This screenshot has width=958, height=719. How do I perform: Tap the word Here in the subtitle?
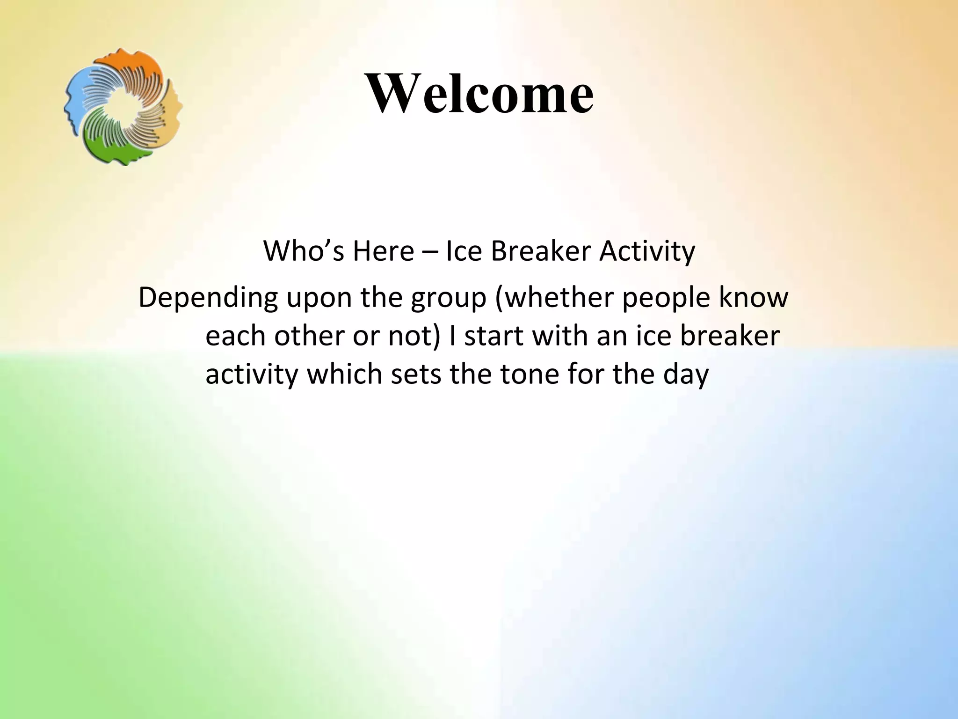click(x=383, y=251)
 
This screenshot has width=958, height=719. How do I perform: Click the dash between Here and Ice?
click(x=429, y=252)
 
